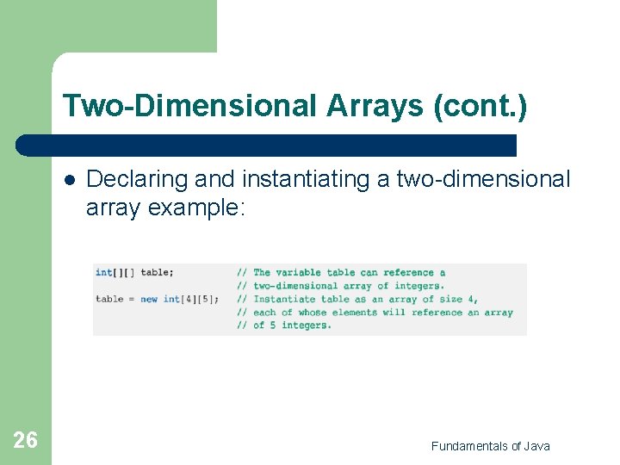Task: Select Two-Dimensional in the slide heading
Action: point(189,106)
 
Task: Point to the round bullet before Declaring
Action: point(68,180)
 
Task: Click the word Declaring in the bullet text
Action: point(137,179)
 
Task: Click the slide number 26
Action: point(25,441)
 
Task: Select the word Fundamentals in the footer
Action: point(469,445)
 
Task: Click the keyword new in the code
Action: point(149,299)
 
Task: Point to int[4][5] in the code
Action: point(190,299)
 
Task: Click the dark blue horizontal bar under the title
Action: point(267,145)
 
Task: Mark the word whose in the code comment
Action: point(312,312)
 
